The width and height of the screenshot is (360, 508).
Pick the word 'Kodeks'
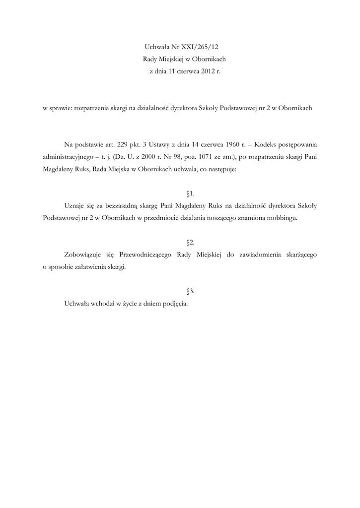259,145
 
